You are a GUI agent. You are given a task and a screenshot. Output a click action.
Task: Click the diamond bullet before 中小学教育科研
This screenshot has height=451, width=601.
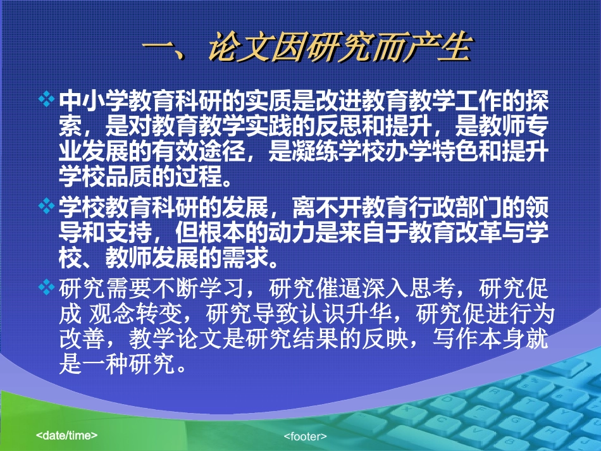click(x=46, y=99)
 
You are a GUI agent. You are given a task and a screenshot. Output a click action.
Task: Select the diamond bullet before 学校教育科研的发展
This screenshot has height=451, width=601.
click(x=46, y=206)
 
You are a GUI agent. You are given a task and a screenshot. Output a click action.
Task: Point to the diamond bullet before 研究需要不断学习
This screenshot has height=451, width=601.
click(x=46, y=287)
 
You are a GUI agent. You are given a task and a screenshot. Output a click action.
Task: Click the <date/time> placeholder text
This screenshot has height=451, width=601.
click(x=66, y=435)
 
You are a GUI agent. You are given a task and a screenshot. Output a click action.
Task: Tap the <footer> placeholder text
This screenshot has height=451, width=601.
click(x=305, y=436)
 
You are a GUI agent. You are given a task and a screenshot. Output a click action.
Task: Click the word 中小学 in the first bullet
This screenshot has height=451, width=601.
click(x=94, y=101)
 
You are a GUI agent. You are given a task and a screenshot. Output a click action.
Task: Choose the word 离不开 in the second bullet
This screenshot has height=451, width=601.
click(x=326, y=207)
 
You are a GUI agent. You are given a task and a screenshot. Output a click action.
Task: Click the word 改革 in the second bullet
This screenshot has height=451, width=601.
click(x=478, y=233)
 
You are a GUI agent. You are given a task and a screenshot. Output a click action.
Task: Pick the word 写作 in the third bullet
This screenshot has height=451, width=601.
click(x=455, y=339)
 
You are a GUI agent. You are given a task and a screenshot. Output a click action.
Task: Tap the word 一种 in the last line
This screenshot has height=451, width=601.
click(x=106, y=364)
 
